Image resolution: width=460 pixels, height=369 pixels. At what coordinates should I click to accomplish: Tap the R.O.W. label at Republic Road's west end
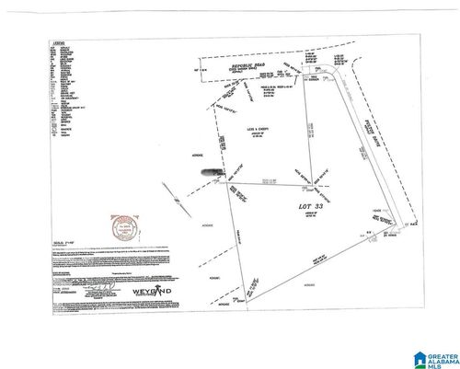tap(198, 70)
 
